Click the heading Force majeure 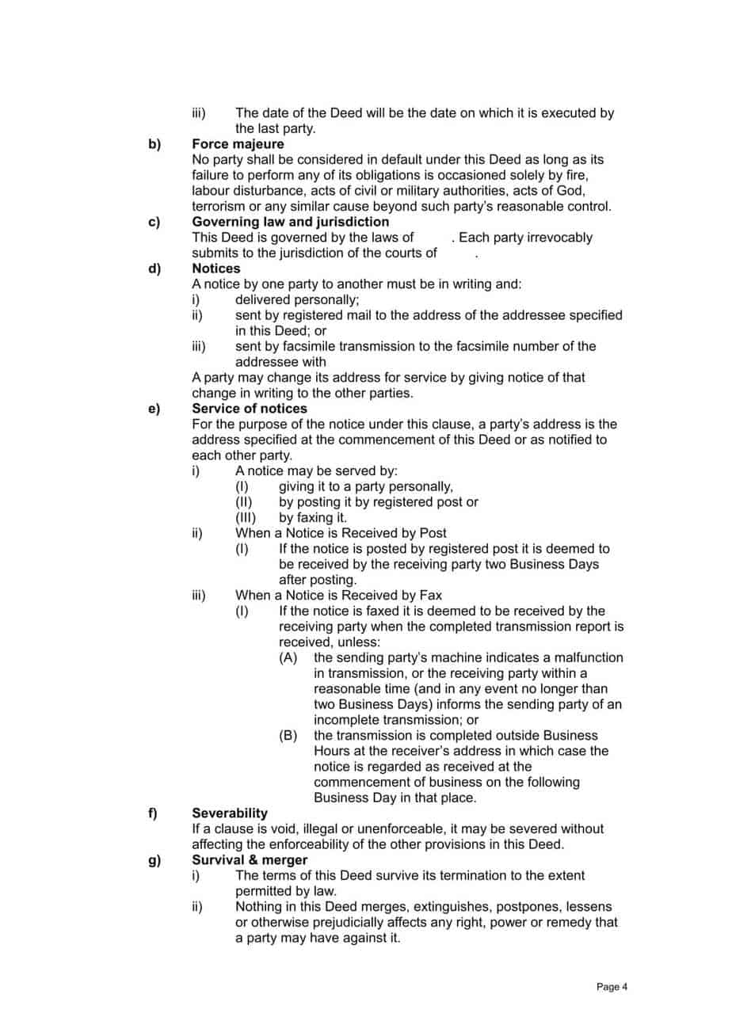(238, 144)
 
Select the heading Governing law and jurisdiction (291, 222)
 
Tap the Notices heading (216, 269)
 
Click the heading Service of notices (250, 409)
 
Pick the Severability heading (230, 813)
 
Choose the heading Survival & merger (250, 859)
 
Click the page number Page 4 (612, 987)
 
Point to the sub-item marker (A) (288, 657)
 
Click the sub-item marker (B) (288, 735)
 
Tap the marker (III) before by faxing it (246, 518)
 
